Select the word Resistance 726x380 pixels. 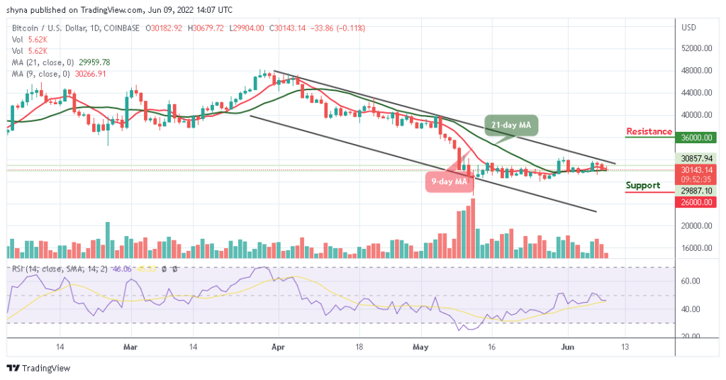tap(649, 132)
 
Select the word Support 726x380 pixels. tap(643, 186)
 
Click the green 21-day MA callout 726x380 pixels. tap(511, 125)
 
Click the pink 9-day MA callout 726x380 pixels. tap(448, 181)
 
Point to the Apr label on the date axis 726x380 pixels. tap(279, 347)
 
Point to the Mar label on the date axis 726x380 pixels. tap(130, 347)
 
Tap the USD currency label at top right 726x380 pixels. tap(688, 28)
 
